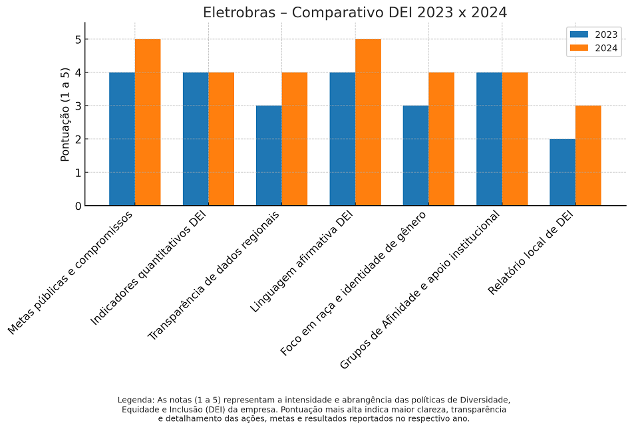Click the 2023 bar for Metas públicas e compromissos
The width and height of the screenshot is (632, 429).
(122, 139)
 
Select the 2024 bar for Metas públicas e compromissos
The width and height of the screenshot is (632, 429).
(148, 122)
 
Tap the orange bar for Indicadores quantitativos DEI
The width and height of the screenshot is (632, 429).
(221, 139)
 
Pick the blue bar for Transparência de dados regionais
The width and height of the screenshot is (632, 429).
(269, 155)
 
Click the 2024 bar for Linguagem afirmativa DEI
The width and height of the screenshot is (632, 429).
(368, 122)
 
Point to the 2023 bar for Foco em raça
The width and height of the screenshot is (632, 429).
(416, 155)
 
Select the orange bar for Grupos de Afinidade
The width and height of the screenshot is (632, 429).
(515, 139)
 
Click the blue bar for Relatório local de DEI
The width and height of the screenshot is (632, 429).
(562, 172)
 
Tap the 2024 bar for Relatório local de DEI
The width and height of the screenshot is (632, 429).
(588, 155)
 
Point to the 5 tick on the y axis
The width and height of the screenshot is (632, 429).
(78, 39)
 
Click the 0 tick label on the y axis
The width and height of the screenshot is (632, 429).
(78, 206)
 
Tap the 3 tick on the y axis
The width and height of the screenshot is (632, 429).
(78, 106)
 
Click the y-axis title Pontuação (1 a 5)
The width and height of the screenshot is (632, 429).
(65, 114)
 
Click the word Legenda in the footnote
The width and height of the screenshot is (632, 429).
(136, 400)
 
